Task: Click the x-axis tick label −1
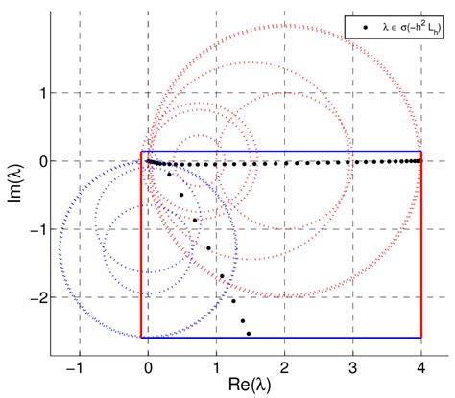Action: (x=77, y=370)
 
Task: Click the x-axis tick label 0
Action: (x=148, y=370)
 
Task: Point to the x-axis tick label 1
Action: (x=217, y=370)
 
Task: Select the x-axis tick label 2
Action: (x=285, y=370)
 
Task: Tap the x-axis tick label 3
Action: (x=353, y=370)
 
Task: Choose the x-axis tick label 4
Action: (x=421, y=370)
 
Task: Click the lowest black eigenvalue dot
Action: (x=249, y=334)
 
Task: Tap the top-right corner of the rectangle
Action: (x=421, y=152)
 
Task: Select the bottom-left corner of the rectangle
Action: (x=141, y=338)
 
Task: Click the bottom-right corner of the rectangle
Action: (x=421, y=338)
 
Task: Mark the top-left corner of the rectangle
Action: (x=141, y=152)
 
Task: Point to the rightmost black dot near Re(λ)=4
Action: (x=420, y=161)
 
